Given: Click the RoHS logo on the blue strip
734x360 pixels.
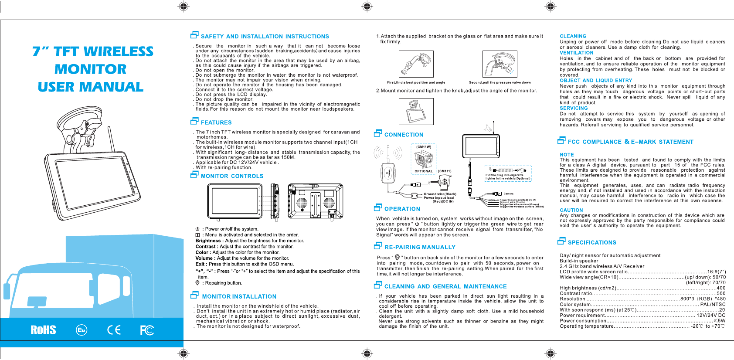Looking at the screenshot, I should click(x=43, y=330).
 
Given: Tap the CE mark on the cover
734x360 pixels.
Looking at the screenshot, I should click(x=114, y=330).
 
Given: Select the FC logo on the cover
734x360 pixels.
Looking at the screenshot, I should click(x=147, y=330).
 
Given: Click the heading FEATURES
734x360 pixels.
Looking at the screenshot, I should click(x=216, y=123).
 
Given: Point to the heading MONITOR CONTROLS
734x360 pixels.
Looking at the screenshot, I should click(x=232, y=176).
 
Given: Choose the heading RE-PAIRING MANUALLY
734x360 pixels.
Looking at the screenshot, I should click(x=420, y=247).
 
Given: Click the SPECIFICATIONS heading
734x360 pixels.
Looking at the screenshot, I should click(x=591, y=243).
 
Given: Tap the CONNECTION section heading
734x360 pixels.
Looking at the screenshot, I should click(x=404, y=135).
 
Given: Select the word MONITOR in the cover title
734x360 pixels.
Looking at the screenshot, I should click(x=91, y=69).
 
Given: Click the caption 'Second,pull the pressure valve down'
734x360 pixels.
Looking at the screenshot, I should click(x=500, y=82).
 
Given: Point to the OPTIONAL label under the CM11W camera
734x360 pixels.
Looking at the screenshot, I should click(x=423, y=171).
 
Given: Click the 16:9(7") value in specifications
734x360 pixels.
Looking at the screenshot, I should click(x=716, y=272).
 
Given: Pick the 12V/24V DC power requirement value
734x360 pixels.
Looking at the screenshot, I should click(x=710, y=315).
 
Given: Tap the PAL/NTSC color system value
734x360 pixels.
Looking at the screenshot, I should click(x=713, y=304).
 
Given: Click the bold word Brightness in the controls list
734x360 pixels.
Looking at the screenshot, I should click(x=208, y=241).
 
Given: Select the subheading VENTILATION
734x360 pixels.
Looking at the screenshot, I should click(x=576, y=53).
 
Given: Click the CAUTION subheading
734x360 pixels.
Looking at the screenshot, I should click(x=571, y=210).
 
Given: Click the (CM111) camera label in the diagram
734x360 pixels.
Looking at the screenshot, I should click(x=445, y=171).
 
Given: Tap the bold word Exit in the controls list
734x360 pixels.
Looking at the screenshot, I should click(x=200, y=264).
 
